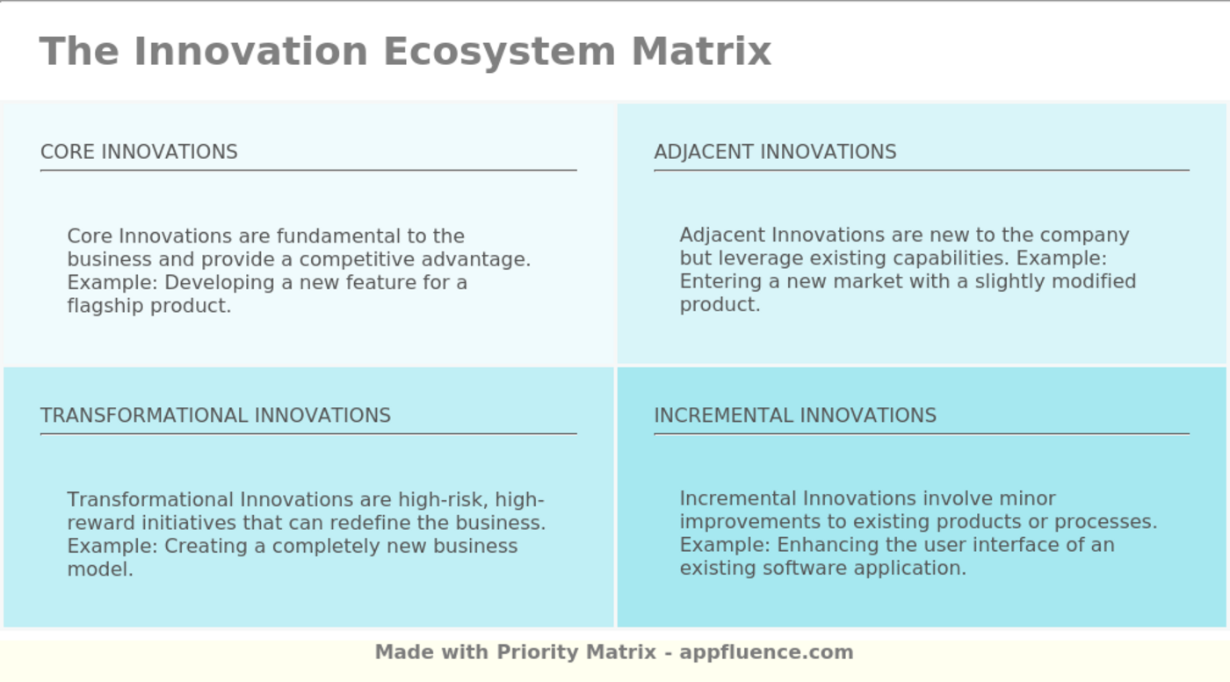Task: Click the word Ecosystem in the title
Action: click(499, 51)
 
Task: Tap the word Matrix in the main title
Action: click(701, 51)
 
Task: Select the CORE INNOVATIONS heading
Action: click(139, 152)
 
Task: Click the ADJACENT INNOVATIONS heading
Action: click(775, 152)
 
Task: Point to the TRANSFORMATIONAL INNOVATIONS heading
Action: click(215, 416)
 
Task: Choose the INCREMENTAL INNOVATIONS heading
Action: click(795, 416)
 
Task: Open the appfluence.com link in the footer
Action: click(766, 652)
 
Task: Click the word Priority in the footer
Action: click(537, 652)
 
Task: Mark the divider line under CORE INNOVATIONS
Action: click(307, 170)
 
